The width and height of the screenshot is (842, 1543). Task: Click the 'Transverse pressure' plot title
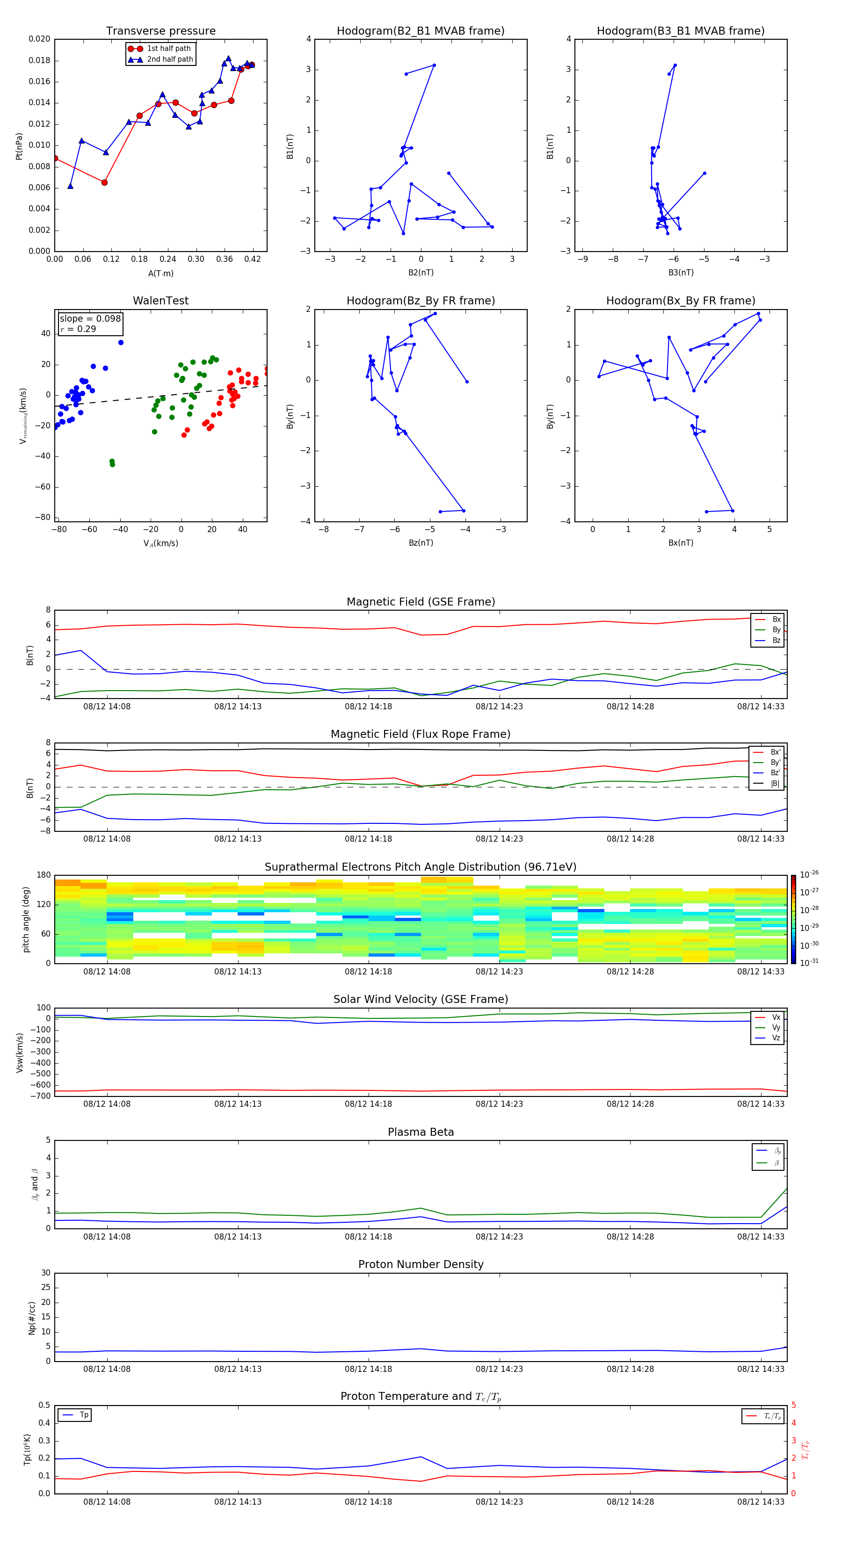(x=160, y=31)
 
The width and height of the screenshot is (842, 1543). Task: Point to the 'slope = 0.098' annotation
(x=90, y=319)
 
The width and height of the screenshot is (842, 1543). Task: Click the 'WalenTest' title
(x=160, y=301)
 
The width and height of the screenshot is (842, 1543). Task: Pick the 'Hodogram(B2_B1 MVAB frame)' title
(x=421, y=31)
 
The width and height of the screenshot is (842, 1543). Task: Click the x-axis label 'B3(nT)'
(x=681, y=273)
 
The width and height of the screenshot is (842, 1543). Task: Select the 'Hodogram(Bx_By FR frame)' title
(x=681, y=301)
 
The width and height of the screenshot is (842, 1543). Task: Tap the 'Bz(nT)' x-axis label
(x=421, y=543)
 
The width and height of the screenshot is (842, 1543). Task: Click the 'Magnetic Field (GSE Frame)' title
(x=421, y=602)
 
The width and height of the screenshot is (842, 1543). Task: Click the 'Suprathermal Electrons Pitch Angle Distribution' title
(x=421, y=867)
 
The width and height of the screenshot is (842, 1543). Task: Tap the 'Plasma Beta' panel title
(x=421, y=1132)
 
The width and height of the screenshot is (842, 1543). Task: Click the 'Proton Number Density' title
(x=421, y=1264)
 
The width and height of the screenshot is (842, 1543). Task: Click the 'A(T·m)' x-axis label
(x=160, y=274)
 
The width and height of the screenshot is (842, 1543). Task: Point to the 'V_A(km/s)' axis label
(x=160, y=543)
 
